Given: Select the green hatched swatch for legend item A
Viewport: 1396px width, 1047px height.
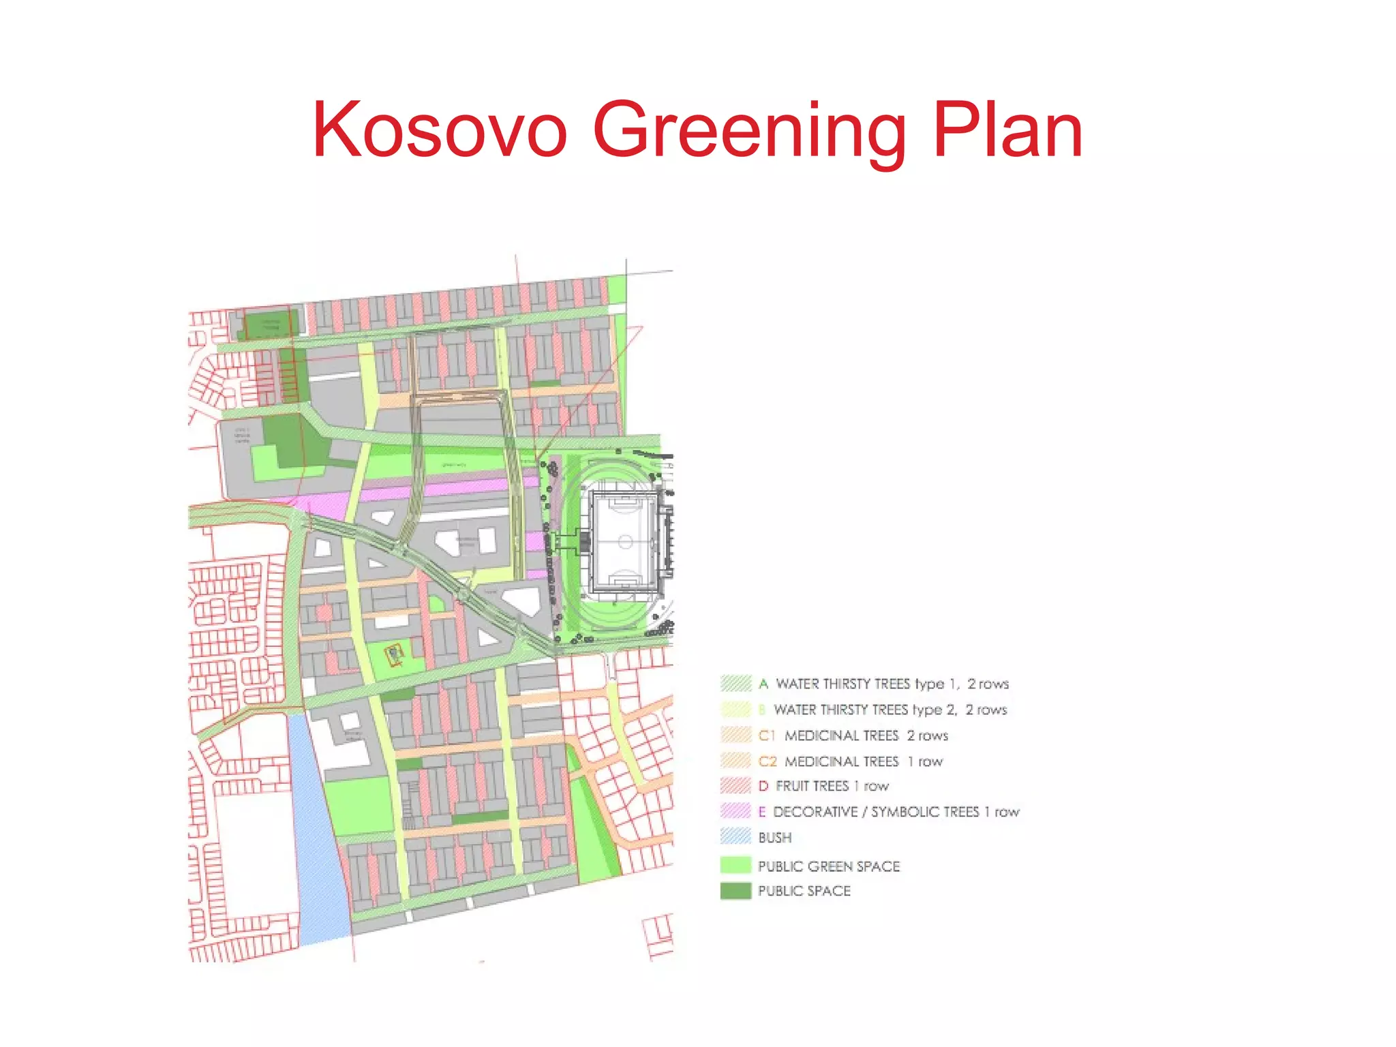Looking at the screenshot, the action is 735,683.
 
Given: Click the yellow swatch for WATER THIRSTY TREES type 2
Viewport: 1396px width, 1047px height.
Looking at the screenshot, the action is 735,710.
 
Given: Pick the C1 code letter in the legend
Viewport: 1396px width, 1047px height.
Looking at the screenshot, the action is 767,735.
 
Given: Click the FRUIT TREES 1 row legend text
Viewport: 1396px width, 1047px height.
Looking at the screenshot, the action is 832,786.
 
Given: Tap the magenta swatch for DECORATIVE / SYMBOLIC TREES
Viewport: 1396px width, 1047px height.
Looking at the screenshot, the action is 735,811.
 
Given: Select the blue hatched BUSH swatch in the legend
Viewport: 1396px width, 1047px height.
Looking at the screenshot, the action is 735,836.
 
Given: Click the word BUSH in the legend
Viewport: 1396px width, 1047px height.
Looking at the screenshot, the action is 775,837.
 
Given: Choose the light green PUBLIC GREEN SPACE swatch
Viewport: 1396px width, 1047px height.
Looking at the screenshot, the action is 735,866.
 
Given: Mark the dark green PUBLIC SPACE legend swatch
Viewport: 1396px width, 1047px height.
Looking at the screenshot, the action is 735,891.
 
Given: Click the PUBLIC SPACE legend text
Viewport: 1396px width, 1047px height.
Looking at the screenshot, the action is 804,891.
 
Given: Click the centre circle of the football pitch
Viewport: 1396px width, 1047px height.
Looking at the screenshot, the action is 626,543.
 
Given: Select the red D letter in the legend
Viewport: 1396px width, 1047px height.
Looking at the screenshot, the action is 763,786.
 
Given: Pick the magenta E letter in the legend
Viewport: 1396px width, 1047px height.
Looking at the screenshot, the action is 763,811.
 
